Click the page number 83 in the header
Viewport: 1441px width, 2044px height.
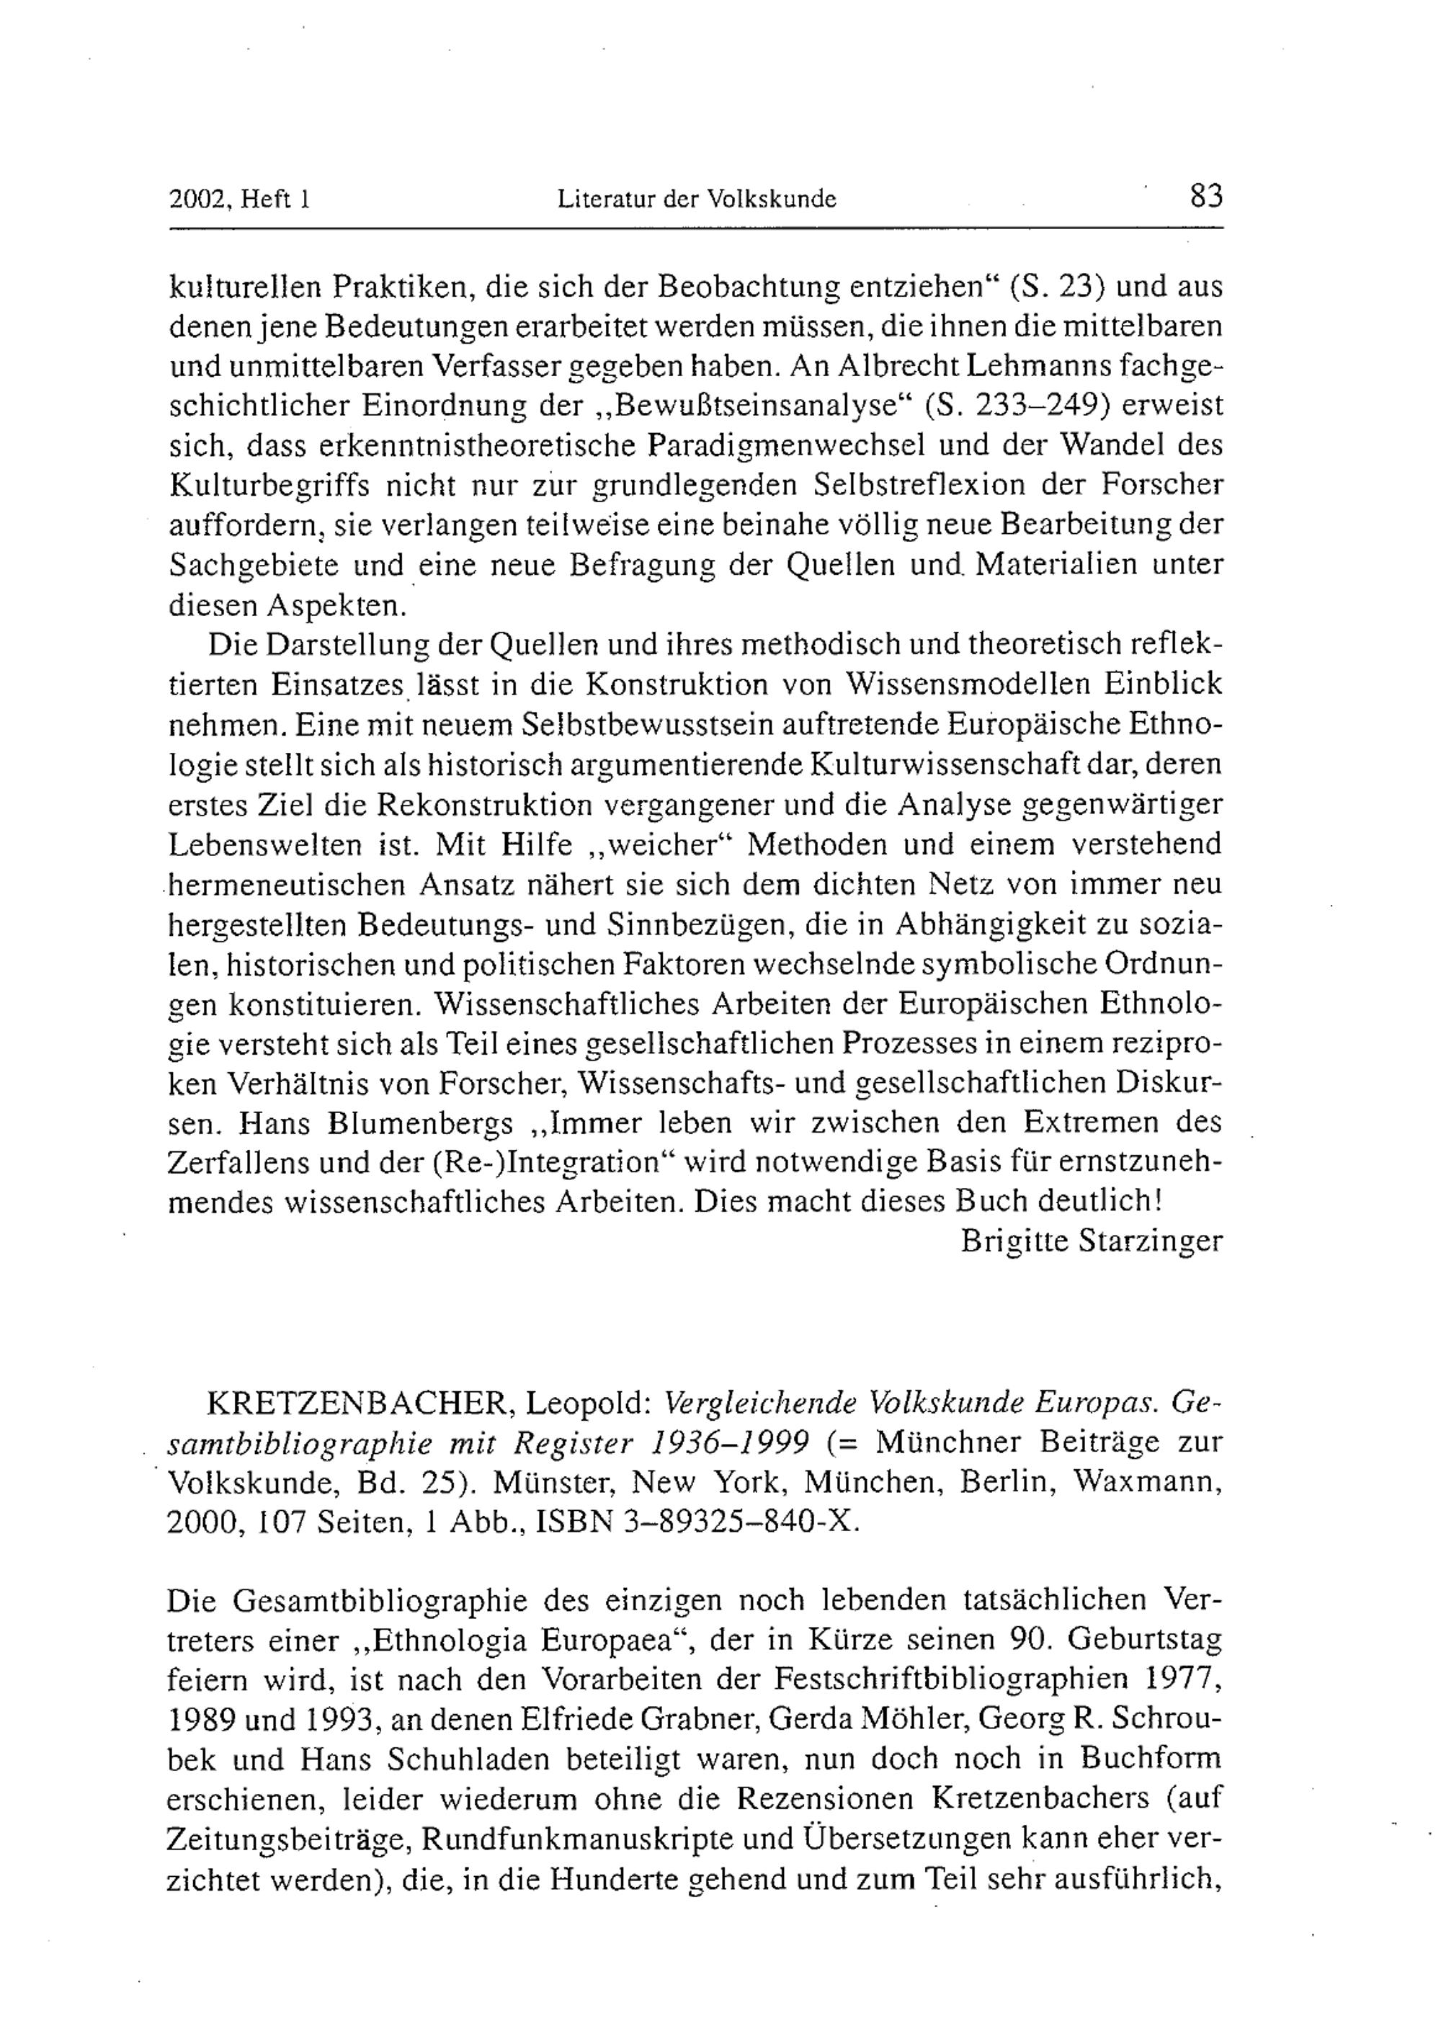pos(1206,195)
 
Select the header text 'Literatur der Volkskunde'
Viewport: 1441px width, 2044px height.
pos(697,199)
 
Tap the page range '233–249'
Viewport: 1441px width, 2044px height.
pos(1044,405)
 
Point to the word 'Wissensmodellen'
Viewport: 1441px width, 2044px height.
pos(963,684)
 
